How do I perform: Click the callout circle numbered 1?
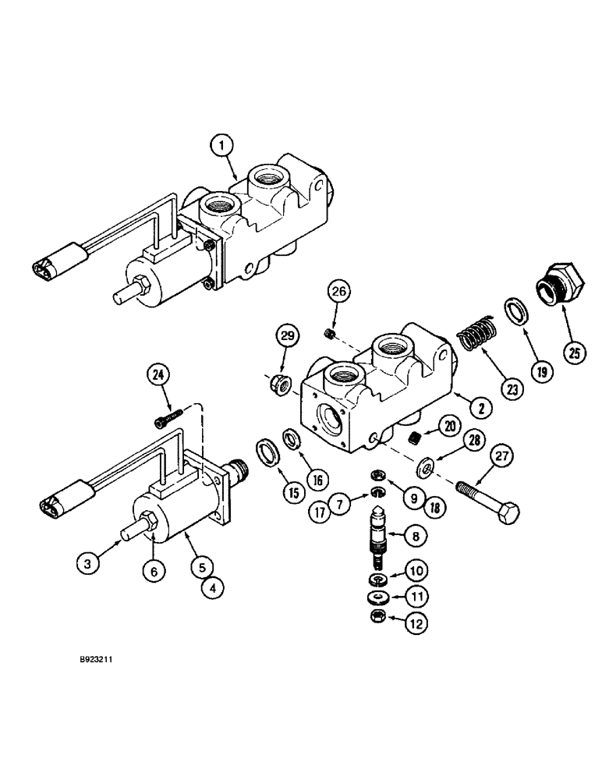pyautogui.click(x=222, y=144)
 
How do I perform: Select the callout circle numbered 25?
pyautogui.click(x=575, y=353)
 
